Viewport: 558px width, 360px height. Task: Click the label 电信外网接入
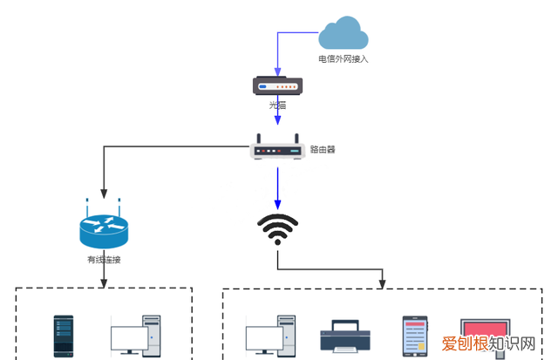click(343, 60)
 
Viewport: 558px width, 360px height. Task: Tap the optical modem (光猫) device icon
click(277, 85)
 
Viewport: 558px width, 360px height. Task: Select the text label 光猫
click(277, 105)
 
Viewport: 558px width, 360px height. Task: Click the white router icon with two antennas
click(277, 148)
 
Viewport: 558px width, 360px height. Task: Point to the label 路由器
click(323, 149)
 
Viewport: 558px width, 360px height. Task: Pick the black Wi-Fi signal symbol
click(277, 229)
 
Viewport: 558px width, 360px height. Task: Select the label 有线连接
click(104, 259)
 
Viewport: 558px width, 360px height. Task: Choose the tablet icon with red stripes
click(415, 335)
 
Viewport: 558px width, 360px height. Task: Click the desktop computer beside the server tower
click(136, 336)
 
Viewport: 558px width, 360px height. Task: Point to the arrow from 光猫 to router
click(277, 122)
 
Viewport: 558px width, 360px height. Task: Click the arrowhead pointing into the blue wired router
click(104, 194)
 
